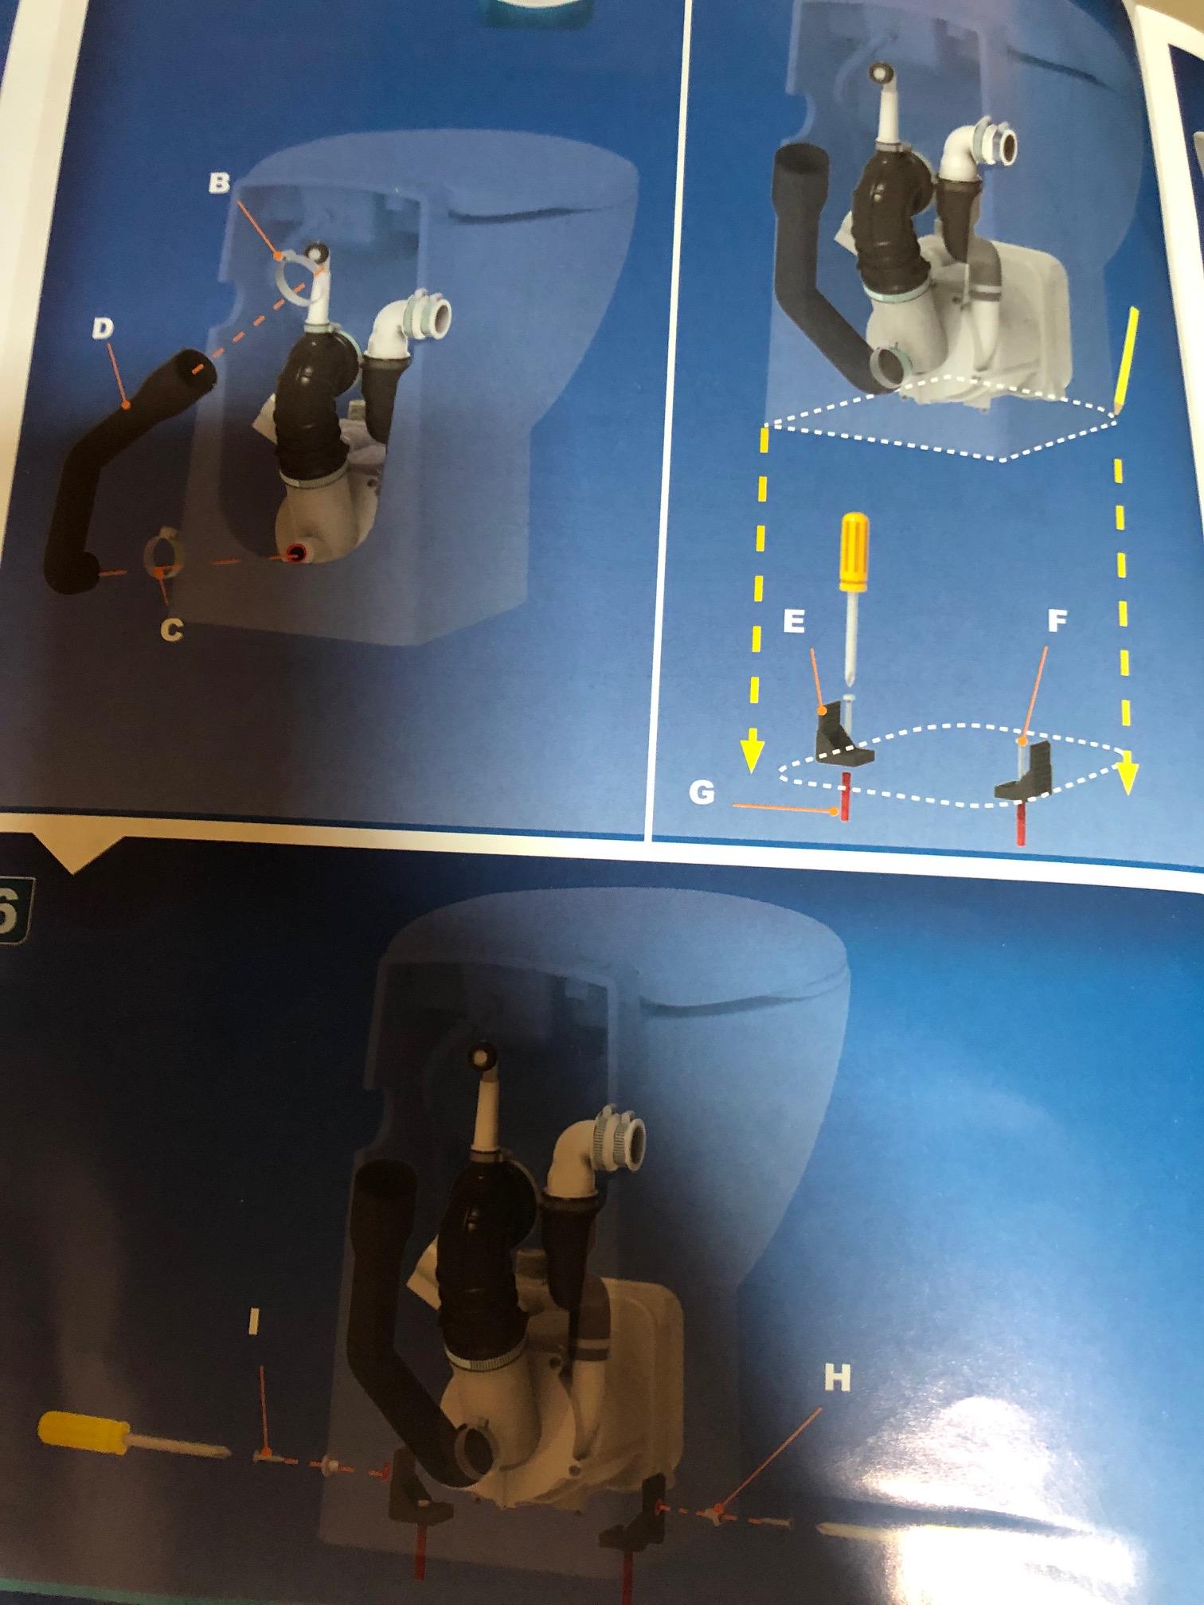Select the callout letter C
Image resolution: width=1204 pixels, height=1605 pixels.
click(x=170, y=630)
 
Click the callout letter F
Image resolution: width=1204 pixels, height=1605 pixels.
click(x=1056, y=622)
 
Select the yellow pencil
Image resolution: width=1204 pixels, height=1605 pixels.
click(x=1125, y=361)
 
